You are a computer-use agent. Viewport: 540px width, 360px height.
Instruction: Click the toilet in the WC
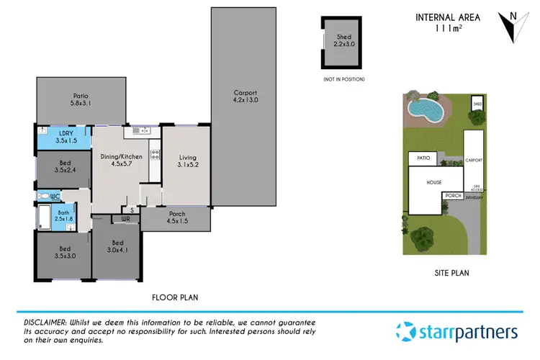click(45, 195)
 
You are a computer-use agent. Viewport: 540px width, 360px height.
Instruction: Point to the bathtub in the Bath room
click(41, 215)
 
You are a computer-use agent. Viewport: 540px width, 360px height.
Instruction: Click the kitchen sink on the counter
click(142, 131)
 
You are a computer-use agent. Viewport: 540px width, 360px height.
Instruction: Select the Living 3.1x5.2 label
click(187, 162)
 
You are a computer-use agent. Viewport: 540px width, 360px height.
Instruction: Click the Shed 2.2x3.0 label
click(344, 40)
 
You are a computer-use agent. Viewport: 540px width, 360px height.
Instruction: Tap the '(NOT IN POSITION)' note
click(344, 78)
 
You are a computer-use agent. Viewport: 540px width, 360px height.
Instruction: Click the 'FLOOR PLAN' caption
click(175, 297)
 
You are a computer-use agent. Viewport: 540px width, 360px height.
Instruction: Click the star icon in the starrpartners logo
click(405, 332)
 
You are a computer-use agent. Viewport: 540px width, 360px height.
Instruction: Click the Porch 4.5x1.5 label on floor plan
click(176, 217)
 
